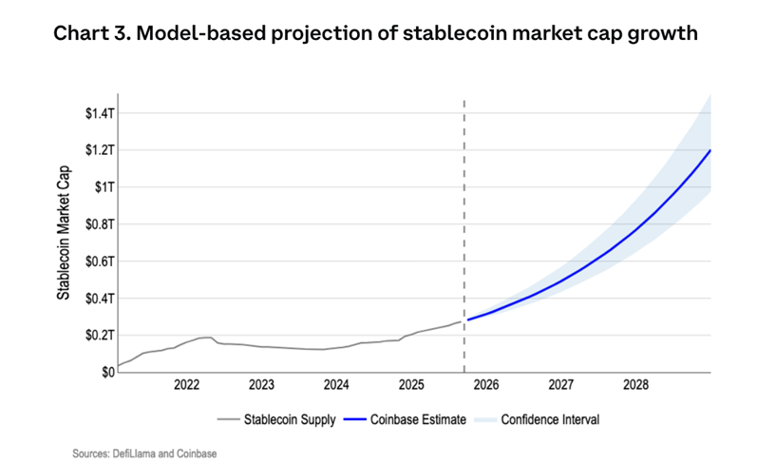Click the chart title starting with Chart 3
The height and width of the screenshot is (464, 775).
pyautogui.click(x=375, y=34)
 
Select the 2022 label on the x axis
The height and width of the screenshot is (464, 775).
pyautogui.click(x=186, y=386)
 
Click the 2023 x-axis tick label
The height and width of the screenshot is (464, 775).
pyautogui.click(x=261, y=386)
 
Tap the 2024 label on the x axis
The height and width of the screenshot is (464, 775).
pyautogui.click(x=336, y=386)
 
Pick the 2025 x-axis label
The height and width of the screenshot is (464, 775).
pyautogui.click(x=411, y=386)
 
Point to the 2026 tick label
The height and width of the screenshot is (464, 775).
pyautogui.click(x=485, y=386)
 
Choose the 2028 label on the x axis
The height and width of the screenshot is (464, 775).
pyautogui.click(x=635, y=386)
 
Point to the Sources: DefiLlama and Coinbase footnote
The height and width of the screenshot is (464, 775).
pyautogui.click(x=144, y=454)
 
